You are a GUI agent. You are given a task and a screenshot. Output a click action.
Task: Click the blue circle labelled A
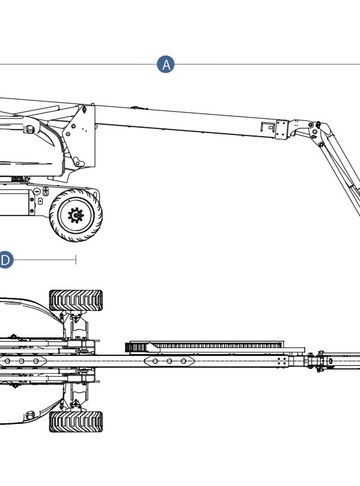(166, 64)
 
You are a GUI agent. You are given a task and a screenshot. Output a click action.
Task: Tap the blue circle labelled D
(6, 260)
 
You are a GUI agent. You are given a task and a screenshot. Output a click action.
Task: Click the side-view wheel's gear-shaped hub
(76, 215)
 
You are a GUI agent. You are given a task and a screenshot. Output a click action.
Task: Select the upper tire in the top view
(76, 300)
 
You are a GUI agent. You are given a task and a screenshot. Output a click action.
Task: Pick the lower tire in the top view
(76, 421)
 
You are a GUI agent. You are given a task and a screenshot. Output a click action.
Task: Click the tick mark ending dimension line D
(76, 260)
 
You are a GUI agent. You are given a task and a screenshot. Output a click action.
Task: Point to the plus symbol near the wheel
(45, 191)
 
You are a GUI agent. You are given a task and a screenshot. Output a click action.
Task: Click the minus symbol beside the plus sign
(37, 191)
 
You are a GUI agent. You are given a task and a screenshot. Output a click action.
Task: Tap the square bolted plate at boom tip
(281, 129)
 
